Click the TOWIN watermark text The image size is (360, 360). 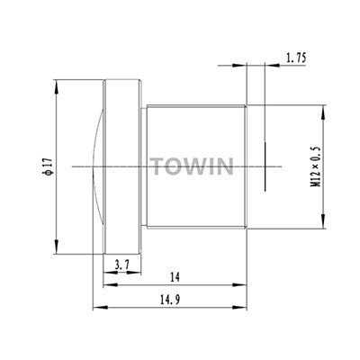[x=193, y=166]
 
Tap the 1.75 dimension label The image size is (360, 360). [x=296, y=58]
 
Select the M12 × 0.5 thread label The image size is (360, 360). [x=316, y=166]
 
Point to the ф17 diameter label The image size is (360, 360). [x=48, y=166]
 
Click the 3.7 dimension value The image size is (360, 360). [x=121, y=265]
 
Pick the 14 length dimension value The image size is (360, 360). [x=175, y=277]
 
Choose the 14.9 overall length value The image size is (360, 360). [x=170, y=300]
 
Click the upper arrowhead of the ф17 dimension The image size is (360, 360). [x=56, y=87]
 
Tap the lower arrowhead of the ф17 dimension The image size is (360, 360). [x=56, y=247]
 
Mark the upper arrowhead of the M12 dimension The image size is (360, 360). [x=323, y=112]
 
